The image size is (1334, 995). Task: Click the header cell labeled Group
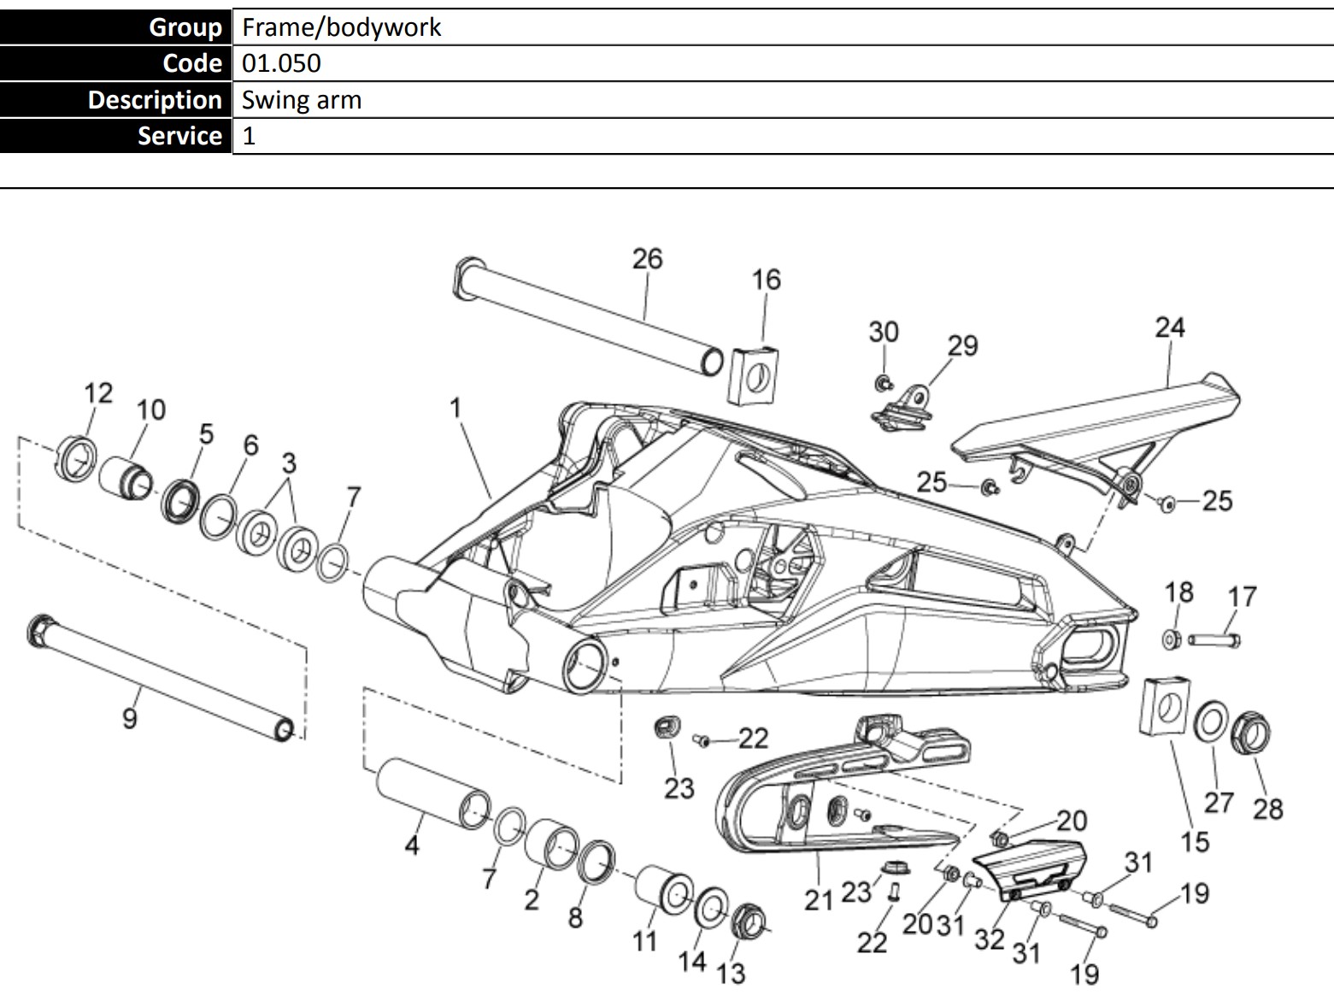tap(115, 26)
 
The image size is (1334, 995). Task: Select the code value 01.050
tap(281, 63)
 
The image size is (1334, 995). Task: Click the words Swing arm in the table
tap(302, 100)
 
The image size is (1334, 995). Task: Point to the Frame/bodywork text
tap(341, 27)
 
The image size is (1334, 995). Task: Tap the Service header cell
tap(115, 136)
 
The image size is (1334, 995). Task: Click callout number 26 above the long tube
tap(647, 259)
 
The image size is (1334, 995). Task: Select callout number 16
tap(766, 280)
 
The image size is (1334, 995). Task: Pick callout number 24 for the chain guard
tap(1170, 327)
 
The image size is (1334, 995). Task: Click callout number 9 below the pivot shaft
tap(130, 718)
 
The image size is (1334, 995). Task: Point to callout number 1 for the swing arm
tap(455, 408)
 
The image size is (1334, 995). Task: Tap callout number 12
tap(98, 393)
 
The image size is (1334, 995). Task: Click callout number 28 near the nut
tap(1267, 809)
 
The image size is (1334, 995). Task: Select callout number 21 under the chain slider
tap(818, 900)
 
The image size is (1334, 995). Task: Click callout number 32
tap(990, 939)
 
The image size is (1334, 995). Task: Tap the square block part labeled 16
tap(754, 376)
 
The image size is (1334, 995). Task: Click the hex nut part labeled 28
tap(1251, 733)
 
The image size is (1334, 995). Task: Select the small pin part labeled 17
tap(1214, 640)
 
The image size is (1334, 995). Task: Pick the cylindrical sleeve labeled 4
tap(433, 793)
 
